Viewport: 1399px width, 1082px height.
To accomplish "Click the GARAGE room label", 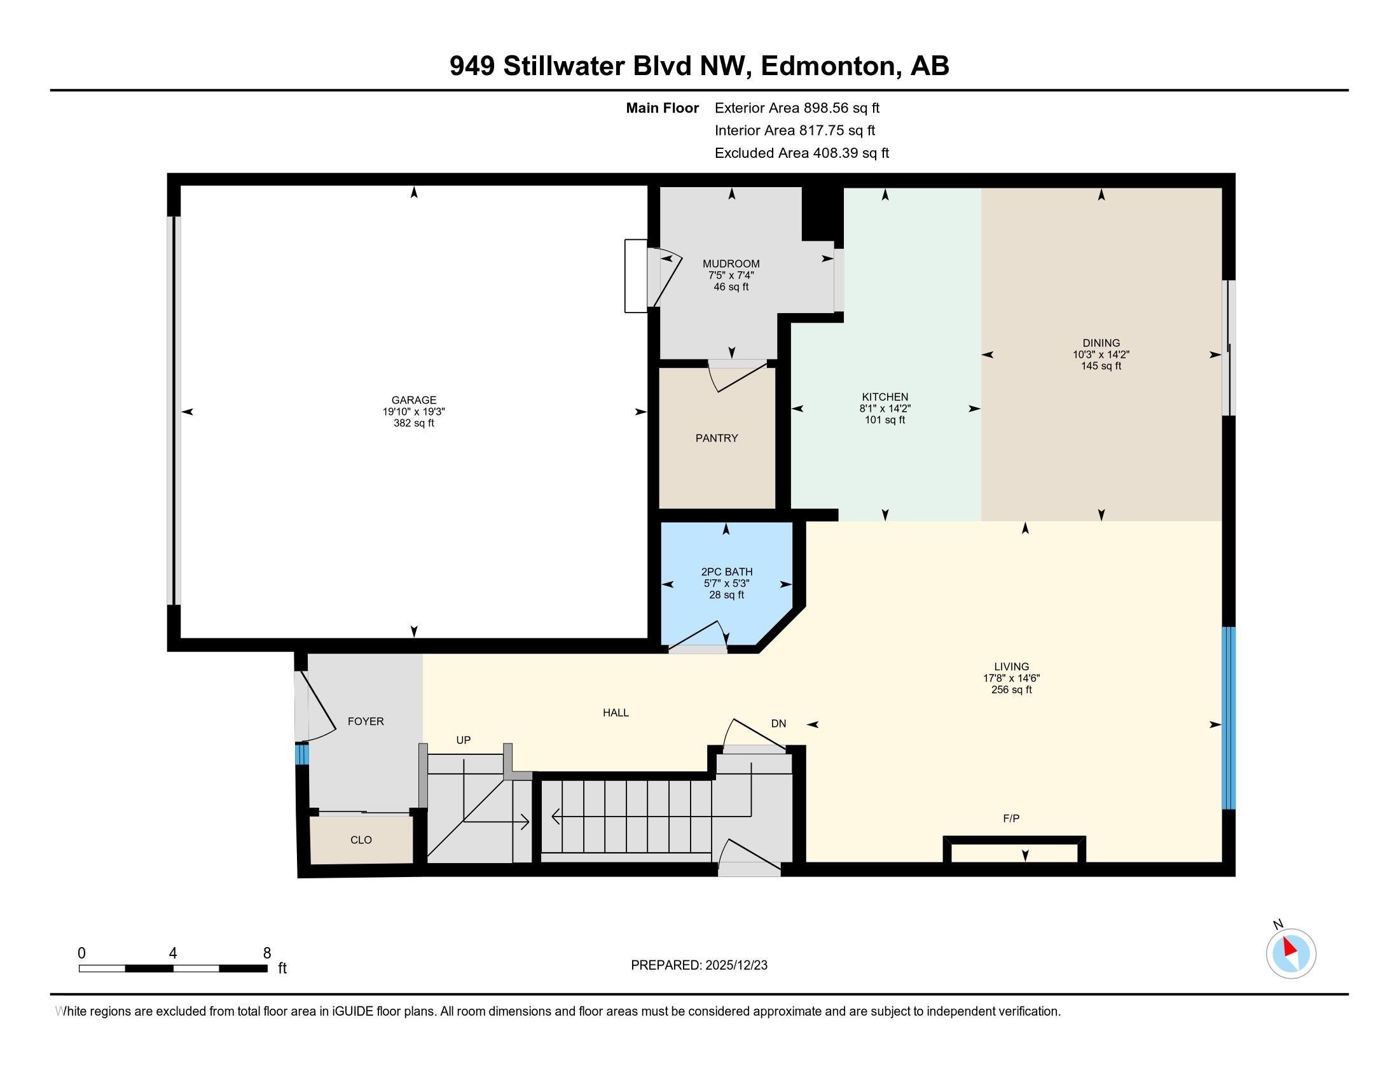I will click(x=414, y=400).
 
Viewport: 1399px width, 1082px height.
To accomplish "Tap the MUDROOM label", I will click(x=731, y=263).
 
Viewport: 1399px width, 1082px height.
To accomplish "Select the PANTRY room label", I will click(x=717, y=438).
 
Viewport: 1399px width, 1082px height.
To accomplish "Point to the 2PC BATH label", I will click(x=726, y=572).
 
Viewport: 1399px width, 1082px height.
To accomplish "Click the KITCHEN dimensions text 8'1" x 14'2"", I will click(x=885, y=409).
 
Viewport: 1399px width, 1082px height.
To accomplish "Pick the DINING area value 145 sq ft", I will click(x=1101, y=366).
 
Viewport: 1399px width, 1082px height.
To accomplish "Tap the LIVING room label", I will click(x=1012, y=666).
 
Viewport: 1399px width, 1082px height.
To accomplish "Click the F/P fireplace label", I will click(x=1011, y=819).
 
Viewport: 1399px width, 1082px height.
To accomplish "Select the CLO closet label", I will click(x=361, y=840).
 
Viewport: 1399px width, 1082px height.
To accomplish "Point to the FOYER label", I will click(x=366, y=721).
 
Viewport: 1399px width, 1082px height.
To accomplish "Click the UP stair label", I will click(x=463, y=740).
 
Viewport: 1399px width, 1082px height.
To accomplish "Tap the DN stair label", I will click(x=778, y=724).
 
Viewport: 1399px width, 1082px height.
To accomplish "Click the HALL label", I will click(x=616, y=712).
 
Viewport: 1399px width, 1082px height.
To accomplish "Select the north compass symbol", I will click(x=1291, y=954).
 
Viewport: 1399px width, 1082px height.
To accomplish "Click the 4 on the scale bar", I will click(x=173, y=953).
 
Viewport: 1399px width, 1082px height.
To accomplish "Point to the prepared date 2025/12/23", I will click(x=735, y=966).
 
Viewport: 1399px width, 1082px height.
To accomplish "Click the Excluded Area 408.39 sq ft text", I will click(x=801, y=153).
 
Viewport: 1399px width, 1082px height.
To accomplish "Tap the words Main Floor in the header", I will click(x=662, y=108).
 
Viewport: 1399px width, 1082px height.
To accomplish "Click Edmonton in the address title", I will click(x=831, y=66).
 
